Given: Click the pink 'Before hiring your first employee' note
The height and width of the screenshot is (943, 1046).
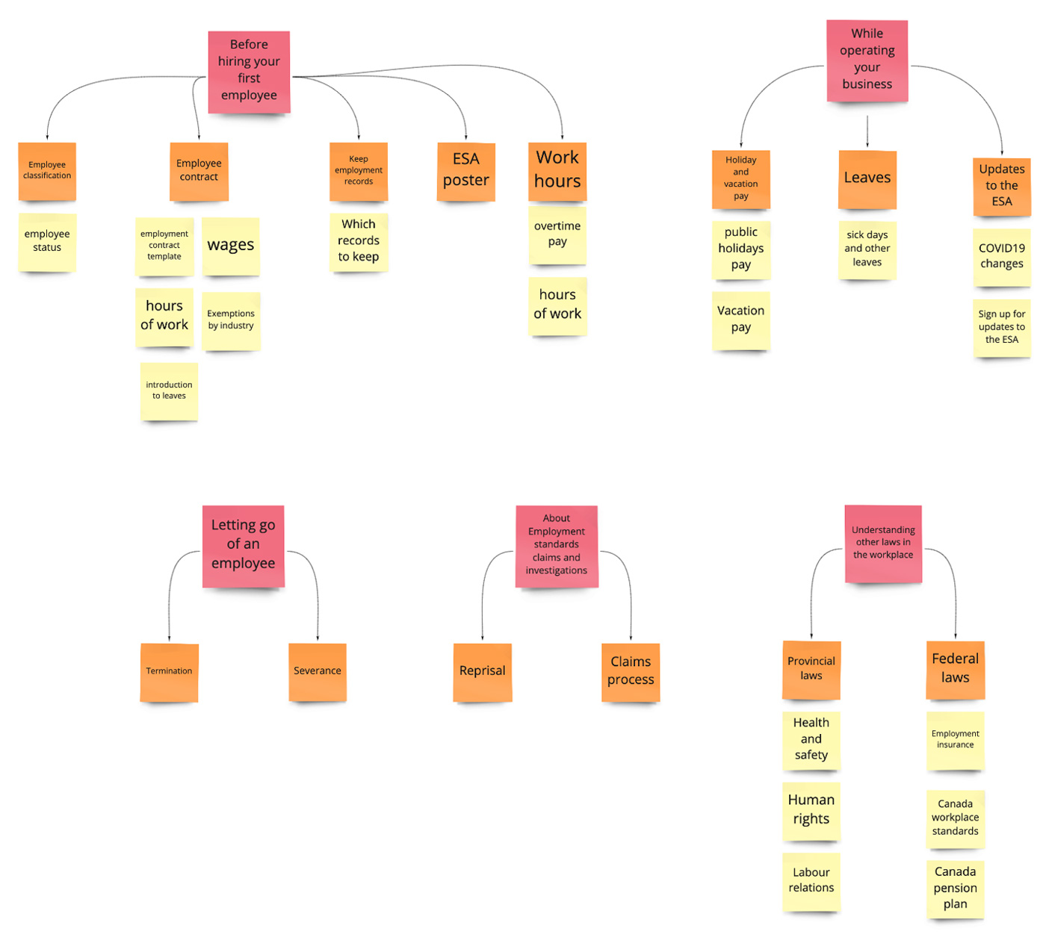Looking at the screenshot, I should [249, 72].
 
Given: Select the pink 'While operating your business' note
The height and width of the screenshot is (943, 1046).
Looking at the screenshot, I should [867, 60].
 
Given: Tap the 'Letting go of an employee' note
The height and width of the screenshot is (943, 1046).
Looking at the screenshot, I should [243, 545].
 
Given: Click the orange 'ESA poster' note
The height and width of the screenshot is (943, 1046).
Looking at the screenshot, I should [465, 171].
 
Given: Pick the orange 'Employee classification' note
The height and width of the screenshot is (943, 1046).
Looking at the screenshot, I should [47, 171].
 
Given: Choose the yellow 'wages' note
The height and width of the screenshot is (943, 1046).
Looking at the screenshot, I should [231, 246].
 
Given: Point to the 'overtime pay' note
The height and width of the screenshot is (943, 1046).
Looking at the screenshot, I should [557, 234].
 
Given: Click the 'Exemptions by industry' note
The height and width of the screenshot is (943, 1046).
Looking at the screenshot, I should [231, 320].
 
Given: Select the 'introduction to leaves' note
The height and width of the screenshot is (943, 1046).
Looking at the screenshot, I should [169, 391].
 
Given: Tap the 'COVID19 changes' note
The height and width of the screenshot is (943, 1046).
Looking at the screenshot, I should [1001, 257].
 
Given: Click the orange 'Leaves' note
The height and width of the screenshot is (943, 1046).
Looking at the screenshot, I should [867, 179].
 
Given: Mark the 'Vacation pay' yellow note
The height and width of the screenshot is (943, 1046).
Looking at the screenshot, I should [740, 320].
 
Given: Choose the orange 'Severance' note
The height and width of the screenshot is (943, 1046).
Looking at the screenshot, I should [318, 671].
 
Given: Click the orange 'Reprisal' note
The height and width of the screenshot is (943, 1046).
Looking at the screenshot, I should [483, 671].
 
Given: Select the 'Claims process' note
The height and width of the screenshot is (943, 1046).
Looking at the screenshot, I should [631, 671].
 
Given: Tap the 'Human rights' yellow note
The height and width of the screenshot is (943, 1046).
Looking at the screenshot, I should [811, 810].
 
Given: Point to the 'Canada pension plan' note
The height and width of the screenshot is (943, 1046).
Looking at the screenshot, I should [955, 888].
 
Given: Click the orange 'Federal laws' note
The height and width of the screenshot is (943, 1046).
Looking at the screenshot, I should [955, 669].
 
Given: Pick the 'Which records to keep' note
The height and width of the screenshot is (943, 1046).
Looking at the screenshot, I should [359, 241].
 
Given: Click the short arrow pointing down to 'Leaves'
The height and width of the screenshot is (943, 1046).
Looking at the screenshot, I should [867, 131].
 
